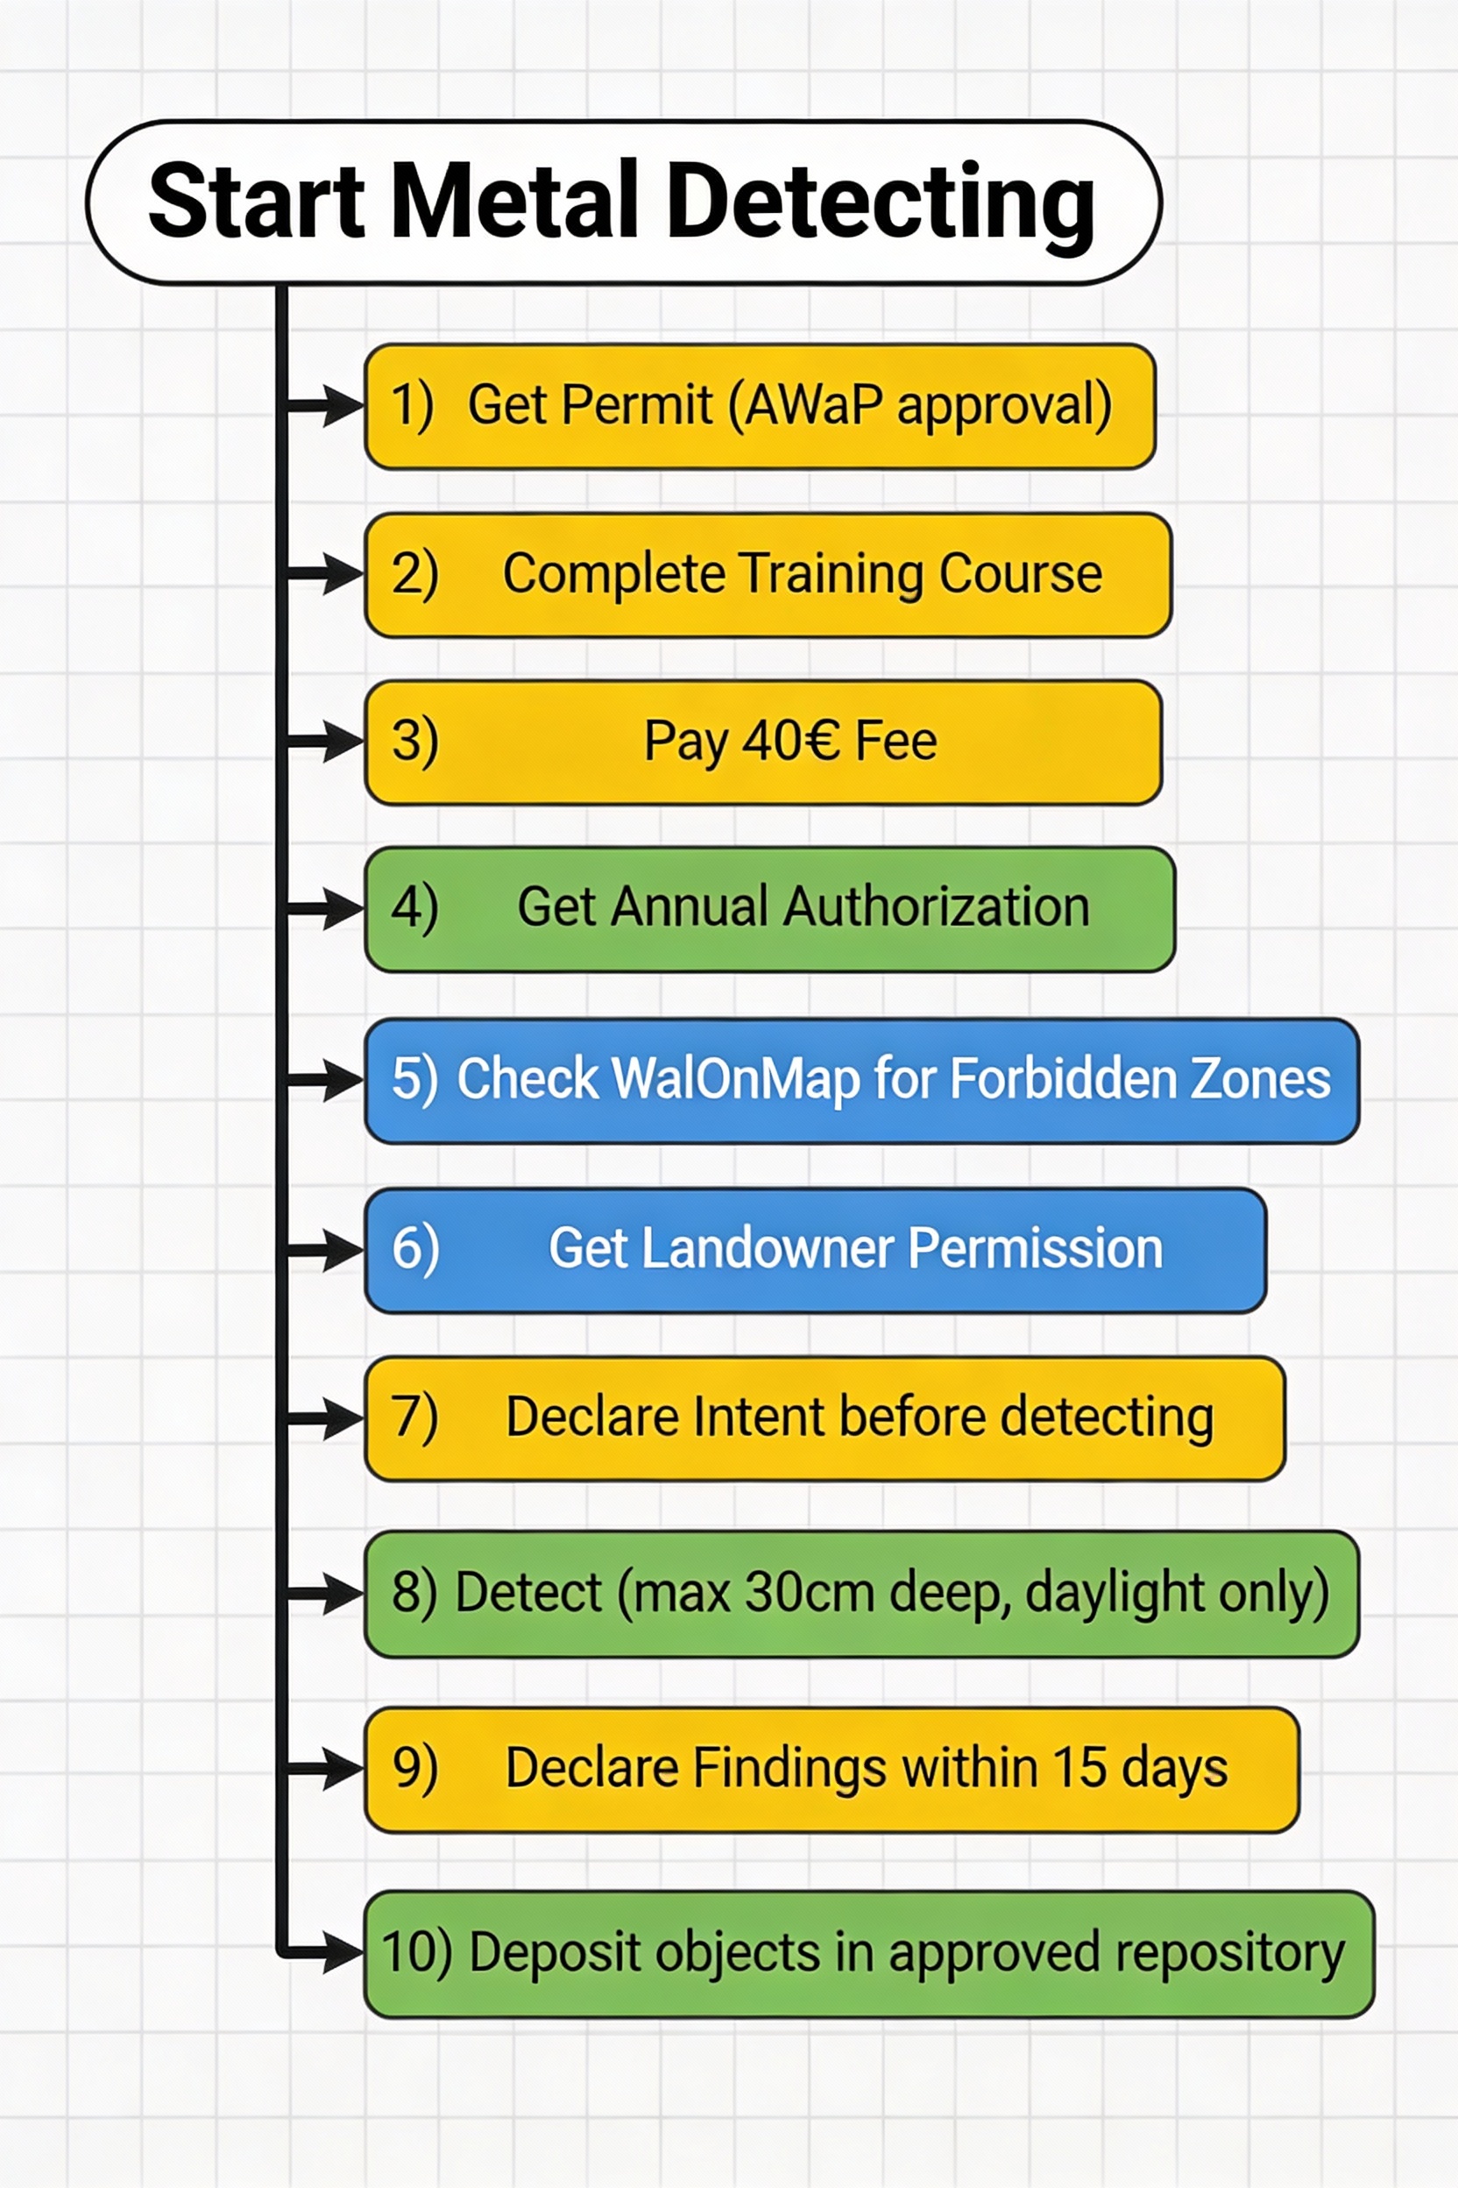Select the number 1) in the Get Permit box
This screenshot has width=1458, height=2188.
pos(412,406)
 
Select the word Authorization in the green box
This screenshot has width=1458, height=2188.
pos(937,907)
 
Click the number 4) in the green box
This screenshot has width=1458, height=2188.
pos(414,908)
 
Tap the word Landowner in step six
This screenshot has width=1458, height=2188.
pos(768,1248)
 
